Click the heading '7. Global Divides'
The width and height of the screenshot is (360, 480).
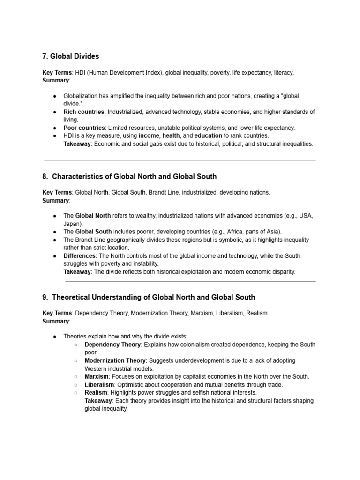pos(71,56)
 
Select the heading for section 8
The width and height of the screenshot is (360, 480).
pos(129,177)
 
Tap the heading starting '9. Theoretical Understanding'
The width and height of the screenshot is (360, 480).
pos(149,297)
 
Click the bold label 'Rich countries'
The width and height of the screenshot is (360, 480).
pos(83,112)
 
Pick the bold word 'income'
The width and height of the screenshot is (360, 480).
pos(149,136)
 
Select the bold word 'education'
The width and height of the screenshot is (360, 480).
pos(208,136)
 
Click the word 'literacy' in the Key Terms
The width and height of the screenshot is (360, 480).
pos(283,73)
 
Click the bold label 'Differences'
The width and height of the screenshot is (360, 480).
pos(80,256)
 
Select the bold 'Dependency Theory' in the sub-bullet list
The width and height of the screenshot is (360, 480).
pos(112,345)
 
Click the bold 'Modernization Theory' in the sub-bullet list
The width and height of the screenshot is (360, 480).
pos(115,360)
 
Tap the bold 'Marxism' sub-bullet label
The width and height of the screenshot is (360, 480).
pos(97,376)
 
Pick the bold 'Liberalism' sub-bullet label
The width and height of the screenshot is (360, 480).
pos(99,384)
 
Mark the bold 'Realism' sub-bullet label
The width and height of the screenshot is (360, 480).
pos(96,392)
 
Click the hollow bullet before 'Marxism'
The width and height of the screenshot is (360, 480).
pos(75,376)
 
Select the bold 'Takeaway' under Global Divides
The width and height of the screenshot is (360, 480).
pos(77,144)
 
